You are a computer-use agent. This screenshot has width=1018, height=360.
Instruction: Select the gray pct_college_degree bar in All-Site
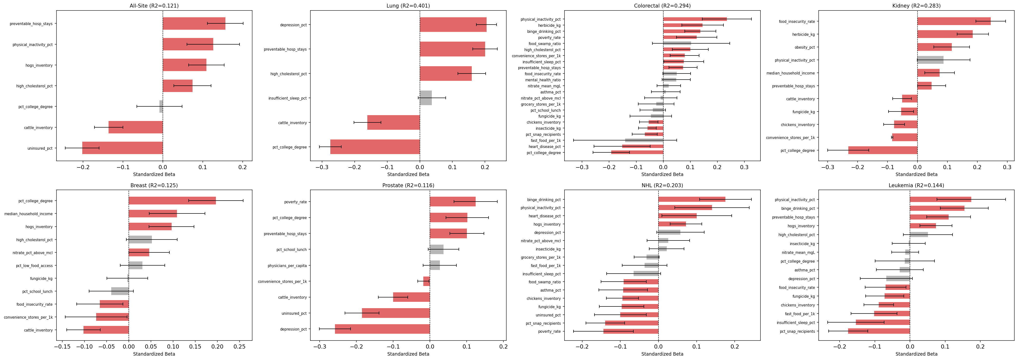[x=161, y=107]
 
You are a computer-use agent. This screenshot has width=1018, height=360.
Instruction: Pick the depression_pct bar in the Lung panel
[x=453, y=25]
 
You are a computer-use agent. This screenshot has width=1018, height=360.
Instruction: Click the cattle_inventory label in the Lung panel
[x=292, y=123]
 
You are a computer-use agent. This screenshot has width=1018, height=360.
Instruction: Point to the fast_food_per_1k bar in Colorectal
[x=644, y=140]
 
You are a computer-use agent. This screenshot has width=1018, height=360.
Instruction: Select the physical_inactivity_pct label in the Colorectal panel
[x=540, y=19]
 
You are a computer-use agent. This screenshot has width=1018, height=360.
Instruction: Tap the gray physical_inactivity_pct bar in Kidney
[x=930, y=60]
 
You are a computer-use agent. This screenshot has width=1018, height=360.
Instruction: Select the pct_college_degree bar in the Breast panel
[x=172, y=201]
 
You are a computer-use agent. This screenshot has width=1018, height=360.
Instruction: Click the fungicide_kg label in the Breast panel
[x=41, y=279]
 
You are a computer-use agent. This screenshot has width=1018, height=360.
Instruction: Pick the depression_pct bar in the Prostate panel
[x=382, y=329]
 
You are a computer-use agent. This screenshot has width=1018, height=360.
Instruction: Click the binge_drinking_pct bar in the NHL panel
[x=692, y=200]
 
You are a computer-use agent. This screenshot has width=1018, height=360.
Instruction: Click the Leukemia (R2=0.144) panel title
[x=916, y=185]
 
